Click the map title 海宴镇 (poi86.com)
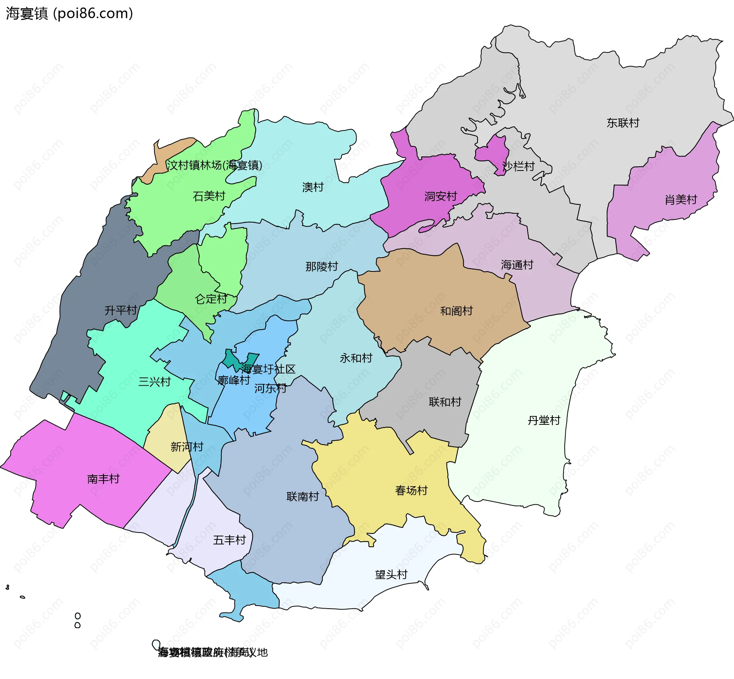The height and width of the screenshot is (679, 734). pos(69,13)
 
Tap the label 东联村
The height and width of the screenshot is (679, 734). pos(623,123)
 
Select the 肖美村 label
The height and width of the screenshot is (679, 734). pos(680,200)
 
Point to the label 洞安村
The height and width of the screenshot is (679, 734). pos(440,197)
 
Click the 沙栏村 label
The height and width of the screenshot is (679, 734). pos(518,166)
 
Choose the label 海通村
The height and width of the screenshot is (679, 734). pos(517,265)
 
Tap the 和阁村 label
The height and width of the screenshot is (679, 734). pos(456,311)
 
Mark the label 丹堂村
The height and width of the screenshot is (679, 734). pos(544,421)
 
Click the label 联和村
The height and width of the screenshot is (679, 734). pos(445,402)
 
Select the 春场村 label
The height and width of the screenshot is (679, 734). pos(411,491)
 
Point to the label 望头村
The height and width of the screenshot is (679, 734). pos(391,575)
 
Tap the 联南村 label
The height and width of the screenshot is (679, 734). pos(302,497)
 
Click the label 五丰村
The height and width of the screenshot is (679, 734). pos(229,540)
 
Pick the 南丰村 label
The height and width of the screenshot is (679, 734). pos(103,479)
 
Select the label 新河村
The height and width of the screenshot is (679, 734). pos(187,447)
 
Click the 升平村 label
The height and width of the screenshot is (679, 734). pos(121,310)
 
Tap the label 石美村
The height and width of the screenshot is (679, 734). pos(209,196)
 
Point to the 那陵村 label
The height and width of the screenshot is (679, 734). pos(322,266)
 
